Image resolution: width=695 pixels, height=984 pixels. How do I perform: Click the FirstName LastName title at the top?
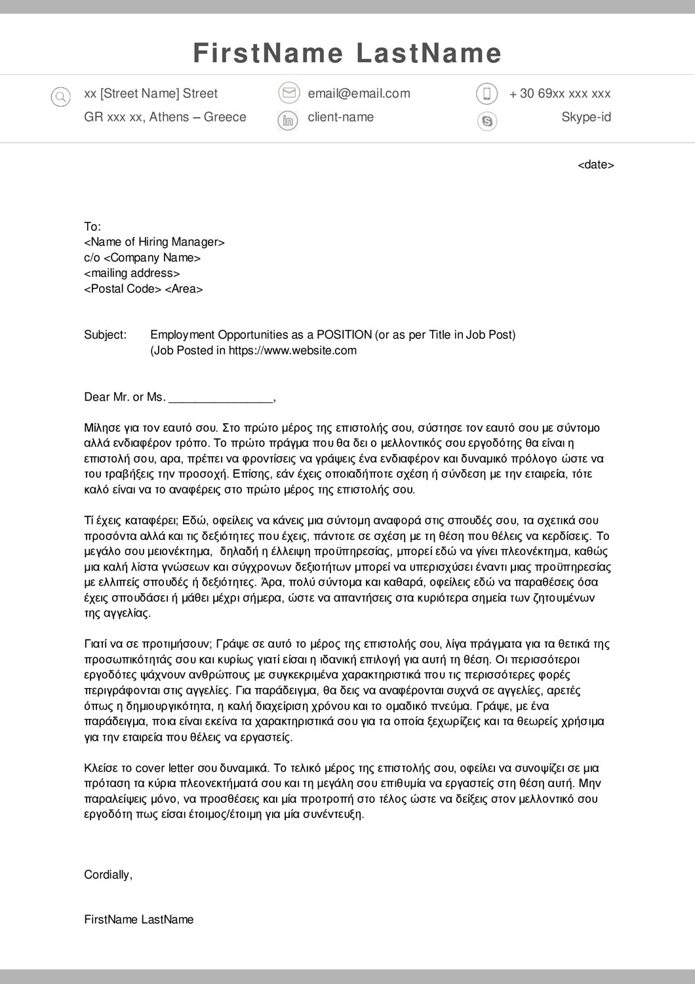pos(347,53)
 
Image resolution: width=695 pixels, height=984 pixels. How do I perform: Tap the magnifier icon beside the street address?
pos(60,98)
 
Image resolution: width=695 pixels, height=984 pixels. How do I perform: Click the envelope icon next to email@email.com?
pos(288,93)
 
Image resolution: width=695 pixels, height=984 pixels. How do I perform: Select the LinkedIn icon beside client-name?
pos(288,121)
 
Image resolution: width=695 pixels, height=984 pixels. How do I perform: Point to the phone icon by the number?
pos(486,94)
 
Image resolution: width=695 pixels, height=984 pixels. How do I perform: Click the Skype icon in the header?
pos(486,121)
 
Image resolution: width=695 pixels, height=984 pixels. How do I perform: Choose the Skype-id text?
pos(586,117)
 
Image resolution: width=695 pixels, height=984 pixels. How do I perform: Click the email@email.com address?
pos(359,94)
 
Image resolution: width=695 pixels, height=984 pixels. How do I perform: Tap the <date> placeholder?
pos(595,165)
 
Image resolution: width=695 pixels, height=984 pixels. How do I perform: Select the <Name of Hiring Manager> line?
pos(154,242)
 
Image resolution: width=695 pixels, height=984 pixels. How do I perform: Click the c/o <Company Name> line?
pos(142,258)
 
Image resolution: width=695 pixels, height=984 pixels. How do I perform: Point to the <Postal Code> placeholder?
pos(123,289)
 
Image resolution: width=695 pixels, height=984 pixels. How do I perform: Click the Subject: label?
pos(105,335)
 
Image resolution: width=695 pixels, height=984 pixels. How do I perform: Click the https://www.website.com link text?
pos(292,351)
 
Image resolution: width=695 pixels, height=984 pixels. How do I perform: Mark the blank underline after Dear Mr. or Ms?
pos(220,398)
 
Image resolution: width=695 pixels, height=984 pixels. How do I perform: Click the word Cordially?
pos(108,875)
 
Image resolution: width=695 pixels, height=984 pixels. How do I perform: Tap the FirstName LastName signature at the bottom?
pos(139,920)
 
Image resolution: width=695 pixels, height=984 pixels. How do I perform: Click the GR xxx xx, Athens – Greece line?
pos(165,117)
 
